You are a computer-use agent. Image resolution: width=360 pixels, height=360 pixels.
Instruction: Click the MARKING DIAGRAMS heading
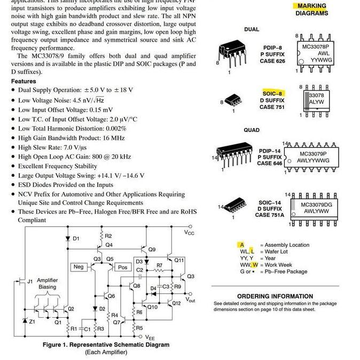(x=312, y=10)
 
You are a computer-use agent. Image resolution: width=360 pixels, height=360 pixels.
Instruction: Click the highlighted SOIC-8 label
(x=272, y=93)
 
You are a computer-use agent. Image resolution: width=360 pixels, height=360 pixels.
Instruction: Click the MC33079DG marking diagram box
(x=316, y=208)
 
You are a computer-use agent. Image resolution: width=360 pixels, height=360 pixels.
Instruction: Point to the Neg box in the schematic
(x=79, y=267)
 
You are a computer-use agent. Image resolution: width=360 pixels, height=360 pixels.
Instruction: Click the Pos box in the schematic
(x=122, y=267)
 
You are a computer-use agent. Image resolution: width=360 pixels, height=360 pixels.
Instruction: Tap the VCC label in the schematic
(x=189, y=232)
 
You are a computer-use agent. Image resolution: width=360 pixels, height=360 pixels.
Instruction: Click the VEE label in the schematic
(x=151, y=338)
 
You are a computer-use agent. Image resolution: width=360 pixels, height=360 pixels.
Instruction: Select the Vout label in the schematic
(x=190, y=300)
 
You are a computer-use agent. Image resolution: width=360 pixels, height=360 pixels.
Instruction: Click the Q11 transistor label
(x=179, y=260)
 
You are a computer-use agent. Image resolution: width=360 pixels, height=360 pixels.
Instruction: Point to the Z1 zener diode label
(x=32, y=322)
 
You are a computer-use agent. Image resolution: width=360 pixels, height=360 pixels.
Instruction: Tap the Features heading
(x=24, y=81)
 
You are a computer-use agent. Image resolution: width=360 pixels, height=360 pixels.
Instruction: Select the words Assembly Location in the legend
(x=287, y=245)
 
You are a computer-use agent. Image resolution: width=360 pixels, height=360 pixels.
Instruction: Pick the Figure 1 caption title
(x=106, y=345)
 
